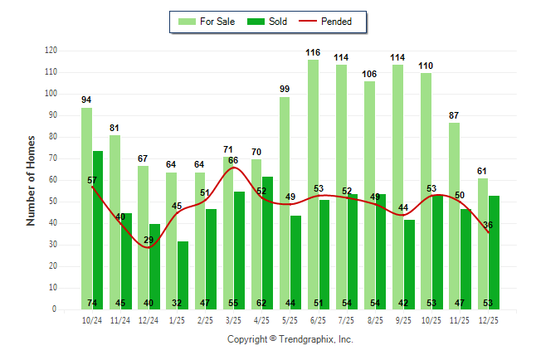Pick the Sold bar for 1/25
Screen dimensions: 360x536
tap(183, 275)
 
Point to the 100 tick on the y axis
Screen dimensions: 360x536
tap(51, 94)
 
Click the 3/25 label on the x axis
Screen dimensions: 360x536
tap(233, 319)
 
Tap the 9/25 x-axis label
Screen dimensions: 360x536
tap(403, 319)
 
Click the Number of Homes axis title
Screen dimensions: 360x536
tap(31, 180)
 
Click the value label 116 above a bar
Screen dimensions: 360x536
tap(313, 53)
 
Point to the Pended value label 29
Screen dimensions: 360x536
tap(149, 240)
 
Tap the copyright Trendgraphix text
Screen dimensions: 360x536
tap(290, 339)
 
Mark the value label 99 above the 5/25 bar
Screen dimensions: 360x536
tap(285, 90)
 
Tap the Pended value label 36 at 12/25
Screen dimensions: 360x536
tap(489, 225)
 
